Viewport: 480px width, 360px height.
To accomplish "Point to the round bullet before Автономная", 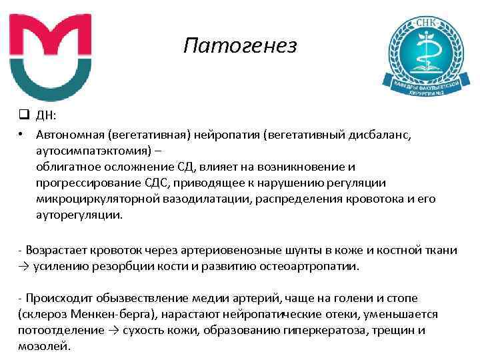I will [23, 135].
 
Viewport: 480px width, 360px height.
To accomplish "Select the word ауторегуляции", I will [79, 215].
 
